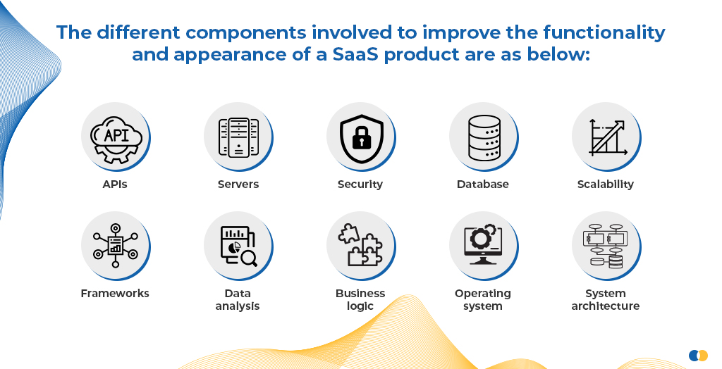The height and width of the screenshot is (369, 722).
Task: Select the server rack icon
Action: click(x=238, y=137)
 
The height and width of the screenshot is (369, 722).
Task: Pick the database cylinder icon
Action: click(x=484, y=137)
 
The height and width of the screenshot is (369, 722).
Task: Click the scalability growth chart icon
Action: click(x=608, y=137)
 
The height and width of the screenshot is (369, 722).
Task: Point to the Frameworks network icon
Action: click(x=115, y=245)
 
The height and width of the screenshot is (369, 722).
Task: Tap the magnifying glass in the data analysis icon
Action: click(x=249, y=258)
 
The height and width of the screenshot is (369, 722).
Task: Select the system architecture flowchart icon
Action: click(x=606, y=246)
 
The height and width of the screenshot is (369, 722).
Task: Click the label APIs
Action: click(x=115, y=184)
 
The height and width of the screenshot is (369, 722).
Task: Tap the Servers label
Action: click(x=238, y=184)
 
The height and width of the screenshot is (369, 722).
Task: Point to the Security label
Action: click(x=360, y=184)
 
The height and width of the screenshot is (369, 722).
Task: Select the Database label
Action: click(x=482, y=184)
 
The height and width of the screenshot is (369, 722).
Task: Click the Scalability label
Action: click(x=606, y=184)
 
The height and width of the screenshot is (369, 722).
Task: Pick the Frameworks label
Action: click(x=115, y=294)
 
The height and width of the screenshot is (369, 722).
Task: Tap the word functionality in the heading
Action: click(x=604, y=33)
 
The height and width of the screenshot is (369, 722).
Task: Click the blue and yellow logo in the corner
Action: click(x=698, y=356)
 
